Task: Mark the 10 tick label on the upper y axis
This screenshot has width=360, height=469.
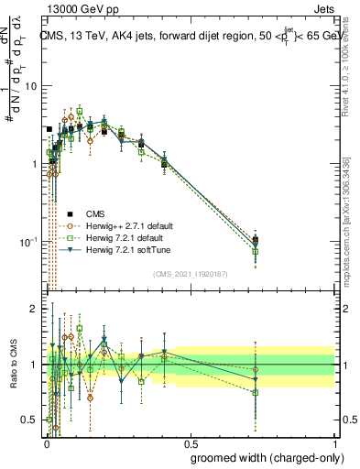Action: pyautogui.click(x=30, y=86)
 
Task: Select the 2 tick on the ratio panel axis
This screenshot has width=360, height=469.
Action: pyautogui.click(x=36, y=310)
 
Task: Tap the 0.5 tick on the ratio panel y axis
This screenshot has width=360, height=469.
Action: pyautogui.click(x=31, y=420)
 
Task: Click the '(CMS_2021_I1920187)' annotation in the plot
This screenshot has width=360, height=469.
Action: pyautogui.click(x=190, y=274)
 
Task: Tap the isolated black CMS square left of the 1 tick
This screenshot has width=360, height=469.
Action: pyautogui.click(x=49, y=129)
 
